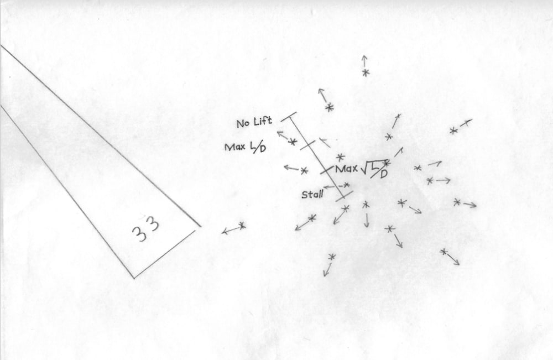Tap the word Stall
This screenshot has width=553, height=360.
tap(312, 195)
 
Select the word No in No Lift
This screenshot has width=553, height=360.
tap(243, 124)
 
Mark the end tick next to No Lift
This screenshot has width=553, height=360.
tap(288, 117)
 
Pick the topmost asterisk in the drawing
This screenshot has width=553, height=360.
tap(365, 72)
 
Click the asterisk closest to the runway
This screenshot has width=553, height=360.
tap(242, 226)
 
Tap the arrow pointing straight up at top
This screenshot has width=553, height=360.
tap(364, 60)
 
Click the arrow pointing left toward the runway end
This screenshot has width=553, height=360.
tap(228, 231)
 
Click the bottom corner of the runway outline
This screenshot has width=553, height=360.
tap(133, 278)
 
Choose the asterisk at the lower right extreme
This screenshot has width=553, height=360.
tap(443, 252)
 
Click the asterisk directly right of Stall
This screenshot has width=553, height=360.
tap(347, 185)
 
